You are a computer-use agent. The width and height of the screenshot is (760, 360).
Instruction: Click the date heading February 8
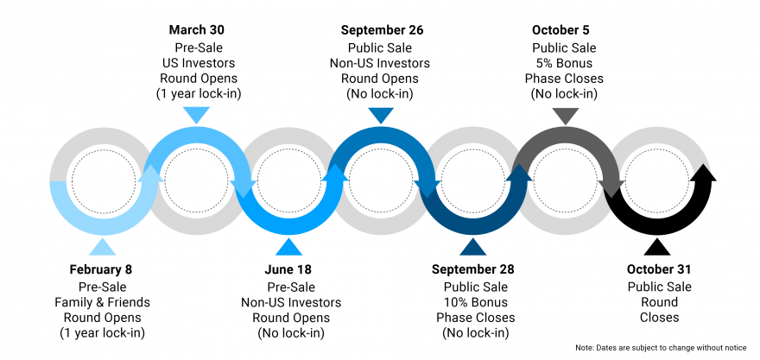(x=101, y=269)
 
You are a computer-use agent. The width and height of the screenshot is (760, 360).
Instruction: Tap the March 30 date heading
(x=196, y=30)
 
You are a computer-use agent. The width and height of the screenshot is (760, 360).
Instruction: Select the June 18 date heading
(x=288, y=269)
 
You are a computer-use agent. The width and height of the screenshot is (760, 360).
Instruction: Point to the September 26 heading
(x=382, y=30)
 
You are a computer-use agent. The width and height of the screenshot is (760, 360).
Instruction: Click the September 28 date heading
(x=473, y=269)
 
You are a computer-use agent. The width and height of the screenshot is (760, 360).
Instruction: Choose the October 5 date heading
(x=560, y=30)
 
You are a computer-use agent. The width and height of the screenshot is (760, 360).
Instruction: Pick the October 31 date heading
(x=659, y=269)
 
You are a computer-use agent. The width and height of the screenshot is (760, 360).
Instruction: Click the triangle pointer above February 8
(x=102, y=246)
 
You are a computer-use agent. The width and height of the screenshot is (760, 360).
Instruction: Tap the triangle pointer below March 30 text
(x=196, y=116)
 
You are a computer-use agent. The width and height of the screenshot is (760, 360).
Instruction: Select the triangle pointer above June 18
(x=288, y=246)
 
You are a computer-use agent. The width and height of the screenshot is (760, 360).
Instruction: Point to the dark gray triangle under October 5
(x=565, y=116)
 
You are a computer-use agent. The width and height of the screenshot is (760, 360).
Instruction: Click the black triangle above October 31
(x=657, y=246)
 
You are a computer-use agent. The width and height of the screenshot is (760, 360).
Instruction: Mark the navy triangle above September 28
(x=472, y=246)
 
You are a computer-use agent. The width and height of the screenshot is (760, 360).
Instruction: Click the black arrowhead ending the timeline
(x=703, y=172)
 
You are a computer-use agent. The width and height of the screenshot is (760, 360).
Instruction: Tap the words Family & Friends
(x=102, y=302)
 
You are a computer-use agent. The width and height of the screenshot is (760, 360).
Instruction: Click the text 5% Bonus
(x=564, y=63)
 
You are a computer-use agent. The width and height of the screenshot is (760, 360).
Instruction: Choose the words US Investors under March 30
(x=199, y=63)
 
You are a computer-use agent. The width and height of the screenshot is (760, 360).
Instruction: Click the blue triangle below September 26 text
(x=381, y=116)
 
